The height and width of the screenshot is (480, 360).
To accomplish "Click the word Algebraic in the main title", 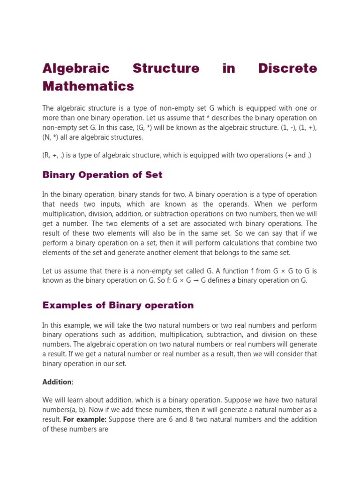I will pyautogui.click(x=75, y=68).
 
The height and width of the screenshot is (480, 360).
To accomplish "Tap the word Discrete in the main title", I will pyautogui.click(x=287, y=68).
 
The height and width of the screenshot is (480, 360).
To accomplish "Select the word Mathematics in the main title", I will pyautogui.click(x=88, y=86).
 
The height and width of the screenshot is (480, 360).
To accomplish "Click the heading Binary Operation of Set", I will pyautogui.click(x=102, y=175).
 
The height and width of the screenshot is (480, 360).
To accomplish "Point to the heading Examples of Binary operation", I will pyautogui.click(x=118, y=305).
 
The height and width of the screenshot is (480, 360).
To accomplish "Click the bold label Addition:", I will pyautogui.click(x=58, y=382).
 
